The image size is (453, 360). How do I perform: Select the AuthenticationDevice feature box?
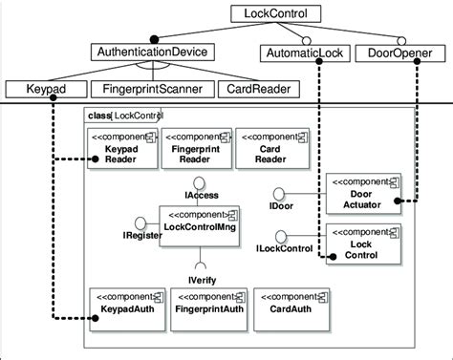coord(154,52)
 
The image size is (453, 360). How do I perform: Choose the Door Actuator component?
coord(360,190)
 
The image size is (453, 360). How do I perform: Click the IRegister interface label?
coord(139,234)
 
